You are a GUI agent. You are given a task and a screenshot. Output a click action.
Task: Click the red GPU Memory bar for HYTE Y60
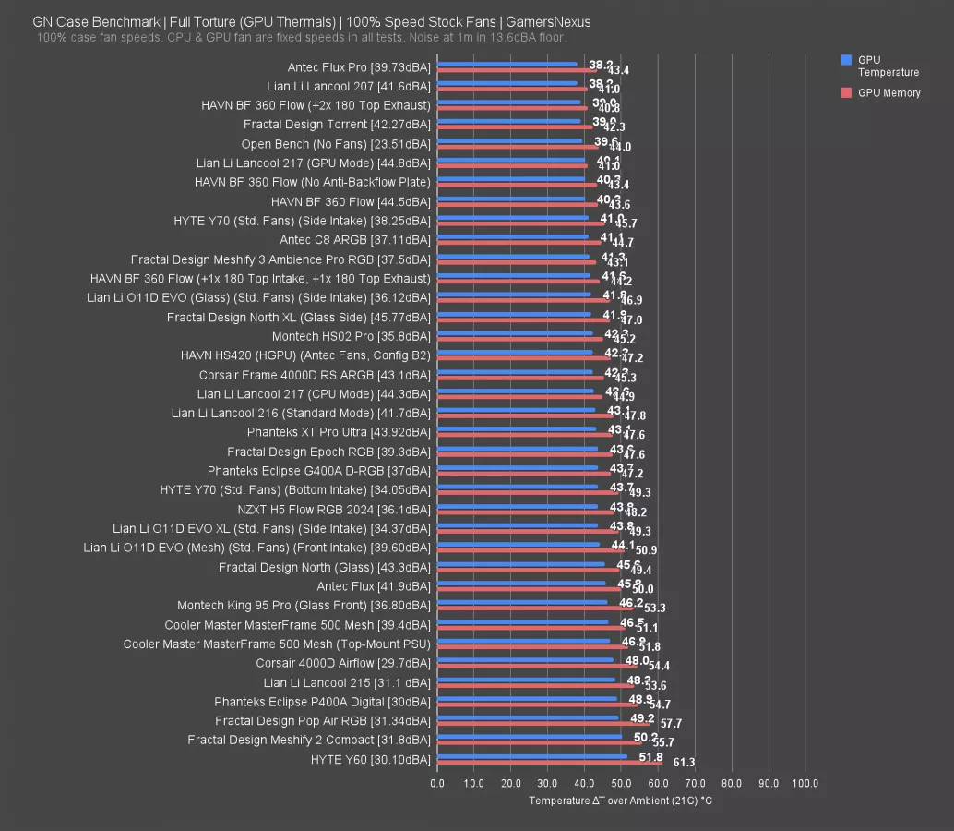[550, 763]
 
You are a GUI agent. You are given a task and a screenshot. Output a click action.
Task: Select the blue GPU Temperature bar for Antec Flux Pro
[507, 65]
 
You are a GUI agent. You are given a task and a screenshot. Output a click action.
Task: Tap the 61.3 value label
[684, 763]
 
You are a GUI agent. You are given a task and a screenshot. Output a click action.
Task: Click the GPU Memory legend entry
[888, 92]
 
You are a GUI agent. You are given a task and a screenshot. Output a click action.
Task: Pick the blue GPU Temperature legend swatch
[846, 60]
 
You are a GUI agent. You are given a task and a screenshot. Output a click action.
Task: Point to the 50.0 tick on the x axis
[621, 784]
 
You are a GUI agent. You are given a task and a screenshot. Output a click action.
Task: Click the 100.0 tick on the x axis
[804, 784]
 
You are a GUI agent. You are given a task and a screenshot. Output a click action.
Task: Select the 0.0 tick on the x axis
[437, 784]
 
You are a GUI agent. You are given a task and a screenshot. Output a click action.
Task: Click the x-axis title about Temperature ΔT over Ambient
[620, 801]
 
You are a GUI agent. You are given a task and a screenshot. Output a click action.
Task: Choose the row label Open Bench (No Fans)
[335, 144]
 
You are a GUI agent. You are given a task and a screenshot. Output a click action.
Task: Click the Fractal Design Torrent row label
[337, 125]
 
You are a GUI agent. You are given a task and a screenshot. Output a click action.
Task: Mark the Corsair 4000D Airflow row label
[343, 663]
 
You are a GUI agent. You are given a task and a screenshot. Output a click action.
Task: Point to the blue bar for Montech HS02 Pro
[515, 333]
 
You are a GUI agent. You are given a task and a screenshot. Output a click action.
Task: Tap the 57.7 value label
[671, 724]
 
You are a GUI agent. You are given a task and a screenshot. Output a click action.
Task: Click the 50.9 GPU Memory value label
[646, 550]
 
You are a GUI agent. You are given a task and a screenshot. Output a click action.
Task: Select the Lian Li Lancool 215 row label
[347, 682]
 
